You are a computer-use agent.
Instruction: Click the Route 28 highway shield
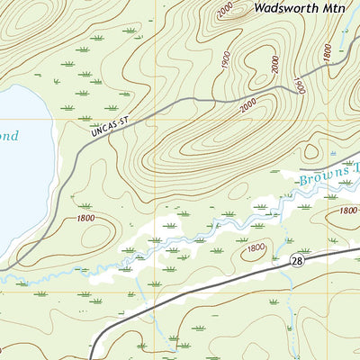tap(296, 260)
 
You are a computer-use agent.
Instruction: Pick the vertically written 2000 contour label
tap(274, 64)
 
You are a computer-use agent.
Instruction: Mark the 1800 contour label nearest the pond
tap(86, 217)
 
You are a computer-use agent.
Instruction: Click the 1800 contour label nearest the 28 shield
tap(256, 247)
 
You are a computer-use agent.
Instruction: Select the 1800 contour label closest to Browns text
tap(347, 211)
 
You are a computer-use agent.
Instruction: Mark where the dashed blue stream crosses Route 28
tap(290, 267)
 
